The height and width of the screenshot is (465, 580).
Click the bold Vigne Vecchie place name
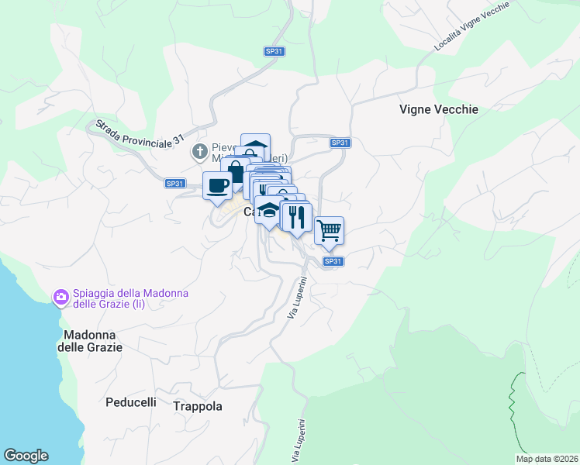pos(438,109)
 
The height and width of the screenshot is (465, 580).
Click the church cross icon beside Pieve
pos(199,150)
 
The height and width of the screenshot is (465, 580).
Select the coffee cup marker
pos(216,185)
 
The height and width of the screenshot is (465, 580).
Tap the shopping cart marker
pos(329,230)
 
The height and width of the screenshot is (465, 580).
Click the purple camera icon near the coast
pos(60,297)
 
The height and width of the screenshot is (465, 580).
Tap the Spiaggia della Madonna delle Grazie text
pos(119,298)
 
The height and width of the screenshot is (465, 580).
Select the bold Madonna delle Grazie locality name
pos(90,341)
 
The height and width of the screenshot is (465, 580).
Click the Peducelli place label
pos(130,402)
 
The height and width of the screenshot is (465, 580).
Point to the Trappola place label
pos(197,406)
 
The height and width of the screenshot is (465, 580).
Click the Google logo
pos(26,456)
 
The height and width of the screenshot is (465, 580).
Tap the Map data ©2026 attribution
pos(547,459)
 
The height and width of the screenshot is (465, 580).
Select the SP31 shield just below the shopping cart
pos(332,261)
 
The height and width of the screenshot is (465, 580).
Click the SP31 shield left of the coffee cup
pos(175,184)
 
